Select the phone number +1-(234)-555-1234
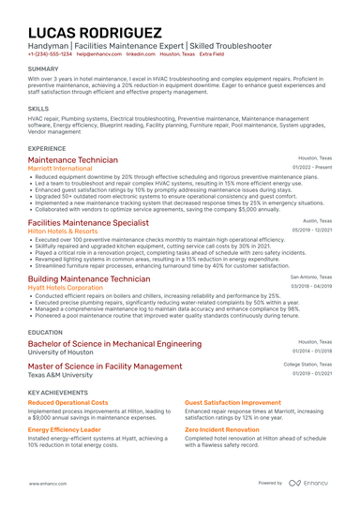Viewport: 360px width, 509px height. (49, 54)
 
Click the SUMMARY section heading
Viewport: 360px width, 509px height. (43, 69)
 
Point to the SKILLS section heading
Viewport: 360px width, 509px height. (38, 109)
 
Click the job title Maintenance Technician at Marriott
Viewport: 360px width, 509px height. (73, 160)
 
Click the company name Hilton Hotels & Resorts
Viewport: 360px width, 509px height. (63, 231)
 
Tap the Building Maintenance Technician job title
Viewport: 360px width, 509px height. (89, 278)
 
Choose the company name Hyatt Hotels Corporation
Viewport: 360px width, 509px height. (66, 287)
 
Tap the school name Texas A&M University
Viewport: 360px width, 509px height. (61, 375)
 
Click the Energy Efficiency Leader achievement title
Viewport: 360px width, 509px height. (65, 429)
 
